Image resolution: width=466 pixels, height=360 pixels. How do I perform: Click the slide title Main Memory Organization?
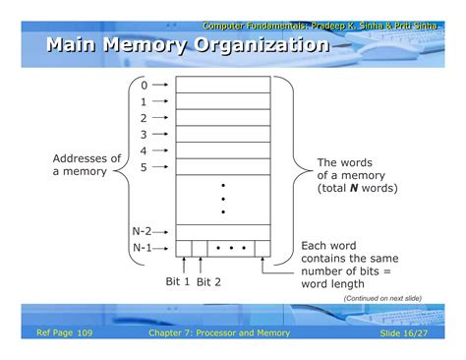click(187, 45)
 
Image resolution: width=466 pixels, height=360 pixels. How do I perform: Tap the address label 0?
click(144, 85)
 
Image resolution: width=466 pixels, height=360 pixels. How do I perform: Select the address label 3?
click(144, 134)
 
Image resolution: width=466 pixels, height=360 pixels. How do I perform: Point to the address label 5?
click(144, 167)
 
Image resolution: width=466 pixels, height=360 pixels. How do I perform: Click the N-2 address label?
click(142, 231)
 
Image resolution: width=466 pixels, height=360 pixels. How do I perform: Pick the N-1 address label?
click(142, 248)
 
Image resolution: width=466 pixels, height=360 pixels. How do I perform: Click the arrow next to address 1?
click(160, 101)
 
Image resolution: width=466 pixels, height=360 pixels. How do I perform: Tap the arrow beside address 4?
click(160, 150)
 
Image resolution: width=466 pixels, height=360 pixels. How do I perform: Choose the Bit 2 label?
click(209, 282)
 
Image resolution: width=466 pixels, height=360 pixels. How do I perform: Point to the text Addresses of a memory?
click(87, 165)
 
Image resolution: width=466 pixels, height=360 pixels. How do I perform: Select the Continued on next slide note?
click(381, 297)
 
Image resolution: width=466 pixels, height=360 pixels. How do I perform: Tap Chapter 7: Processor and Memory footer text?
click(220, 333)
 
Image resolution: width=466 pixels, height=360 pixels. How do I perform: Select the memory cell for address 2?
click(223, 117)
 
